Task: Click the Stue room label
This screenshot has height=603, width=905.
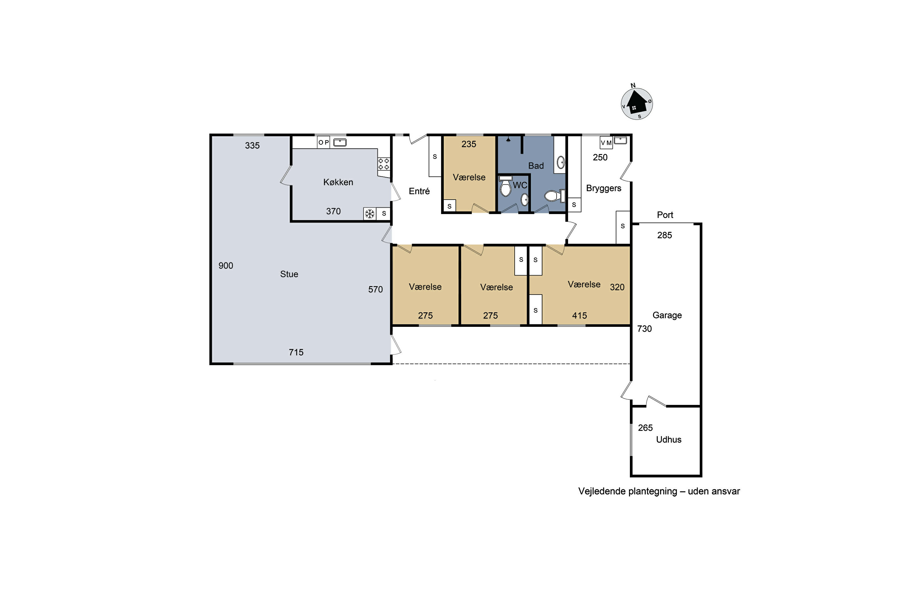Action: point(289,274)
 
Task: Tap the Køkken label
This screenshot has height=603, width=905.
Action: point(338,182)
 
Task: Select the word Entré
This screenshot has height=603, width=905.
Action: point(419,191)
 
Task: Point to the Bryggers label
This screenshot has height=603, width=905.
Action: point(603,188)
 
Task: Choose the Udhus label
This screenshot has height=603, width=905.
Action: point(668,440)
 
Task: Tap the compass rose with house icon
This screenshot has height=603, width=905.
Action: point(637,103)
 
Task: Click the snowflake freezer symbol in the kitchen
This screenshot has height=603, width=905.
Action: point(370,214)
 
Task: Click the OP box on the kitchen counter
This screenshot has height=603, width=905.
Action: point(324,142)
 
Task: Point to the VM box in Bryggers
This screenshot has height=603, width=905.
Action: point(606,143)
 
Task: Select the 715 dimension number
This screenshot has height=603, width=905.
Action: point(296,352)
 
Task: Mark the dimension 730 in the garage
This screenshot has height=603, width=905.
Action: point(644,329)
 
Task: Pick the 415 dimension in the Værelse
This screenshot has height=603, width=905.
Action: point(579,316)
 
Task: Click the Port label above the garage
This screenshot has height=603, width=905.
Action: point(665,215)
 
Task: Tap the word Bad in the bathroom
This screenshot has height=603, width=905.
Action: point(536,166)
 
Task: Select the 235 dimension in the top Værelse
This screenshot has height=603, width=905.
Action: point(469,144)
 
